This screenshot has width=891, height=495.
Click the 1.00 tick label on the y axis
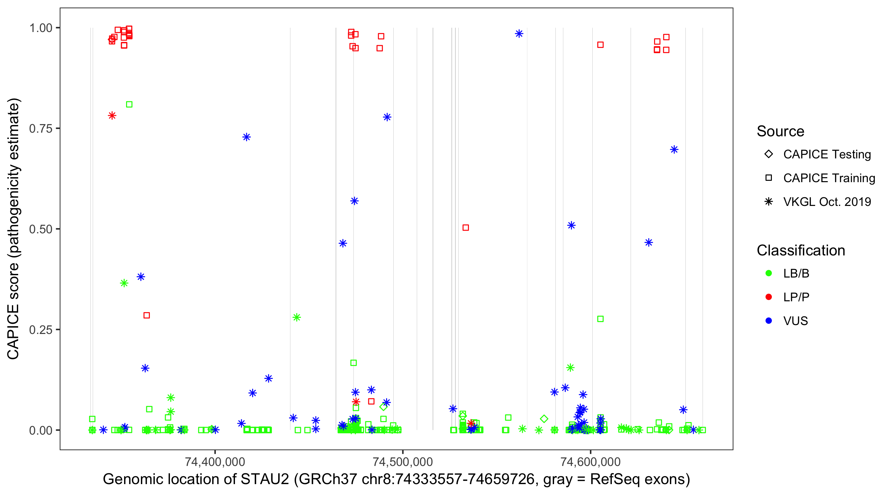click(40, 28)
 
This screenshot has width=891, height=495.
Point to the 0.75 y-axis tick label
click(40, 129)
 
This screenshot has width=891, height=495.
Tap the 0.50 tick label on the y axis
click(40, 229)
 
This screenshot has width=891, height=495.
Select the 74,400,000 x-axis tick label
click(215, 461)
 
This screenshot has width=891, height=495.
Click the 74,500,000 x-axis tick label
click(403, 461)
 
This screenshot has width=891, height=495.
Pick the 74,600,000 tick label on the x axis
click(590, 461)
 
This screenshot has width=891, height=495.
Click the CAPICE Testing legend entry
click(827, 154)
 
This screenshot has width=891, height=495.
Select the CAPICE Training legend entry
click(829, 178)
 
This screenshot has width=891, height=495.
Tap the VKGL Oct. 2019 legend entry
click(827, 202)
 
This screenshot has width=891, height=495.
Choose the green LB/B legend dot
click(769, 273)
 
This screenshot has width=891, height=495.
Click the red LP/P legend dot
click(769, 297)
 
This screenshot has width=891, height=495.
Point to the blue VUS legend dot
click(769, 321)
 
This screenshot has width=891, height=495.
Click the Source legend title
click(780, 131)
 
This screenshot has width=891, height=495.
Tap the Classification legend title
click(801, 250)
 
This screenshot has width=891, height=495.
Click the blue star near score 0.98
click(519, 34)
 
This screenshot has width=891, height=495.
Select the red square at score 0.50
click(466, 228)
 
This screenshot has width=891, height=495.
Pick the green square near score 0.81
click(129, 105)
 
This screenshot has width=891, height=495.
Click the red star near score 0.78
click(112, 115)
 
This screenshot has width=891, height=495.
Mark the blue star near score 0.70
click(674, 149)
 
